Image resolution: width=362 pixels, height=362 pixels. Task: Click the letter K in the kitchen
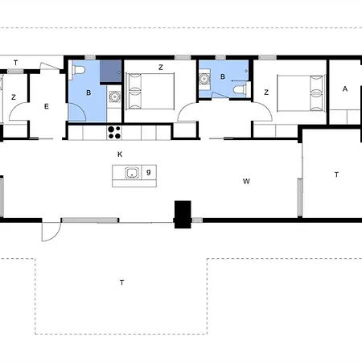[x=120, y=153]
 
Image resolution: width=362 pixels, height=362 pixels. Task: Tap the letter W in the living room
[x=246, y=182]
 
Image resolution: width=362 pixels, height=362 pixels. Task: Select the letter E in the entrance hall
[x=47, y=105]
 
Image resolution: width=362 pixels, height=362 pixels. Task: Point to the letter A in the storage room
[x=345, y=89]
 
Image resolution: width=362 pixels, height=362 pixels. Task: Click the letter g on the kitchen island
[x=149, y=171]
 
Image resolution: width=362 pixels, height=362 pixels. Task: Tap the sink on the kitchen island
[x=131, y=171]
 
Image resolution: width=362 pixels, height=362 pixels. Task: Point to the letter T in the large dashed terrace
[x=121, y=282]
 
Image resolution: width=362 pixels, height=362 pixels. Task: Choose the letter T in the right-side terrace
[x=336, y=175]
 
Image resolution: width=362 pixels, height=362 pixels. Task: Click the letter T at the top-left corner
[x=15, y=63]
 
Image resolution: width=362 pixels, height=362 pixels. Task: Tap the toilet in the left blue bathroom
[x=79, y=72]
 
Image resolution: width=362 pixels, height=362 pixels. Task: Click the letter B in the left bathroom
[x=89, y=93]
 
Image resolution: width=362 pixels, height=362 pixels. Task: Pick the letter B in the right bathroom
[x=223, y=77]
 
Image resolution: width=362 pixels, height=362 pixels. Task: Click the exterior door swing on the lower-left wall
[x=51, y=231]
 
